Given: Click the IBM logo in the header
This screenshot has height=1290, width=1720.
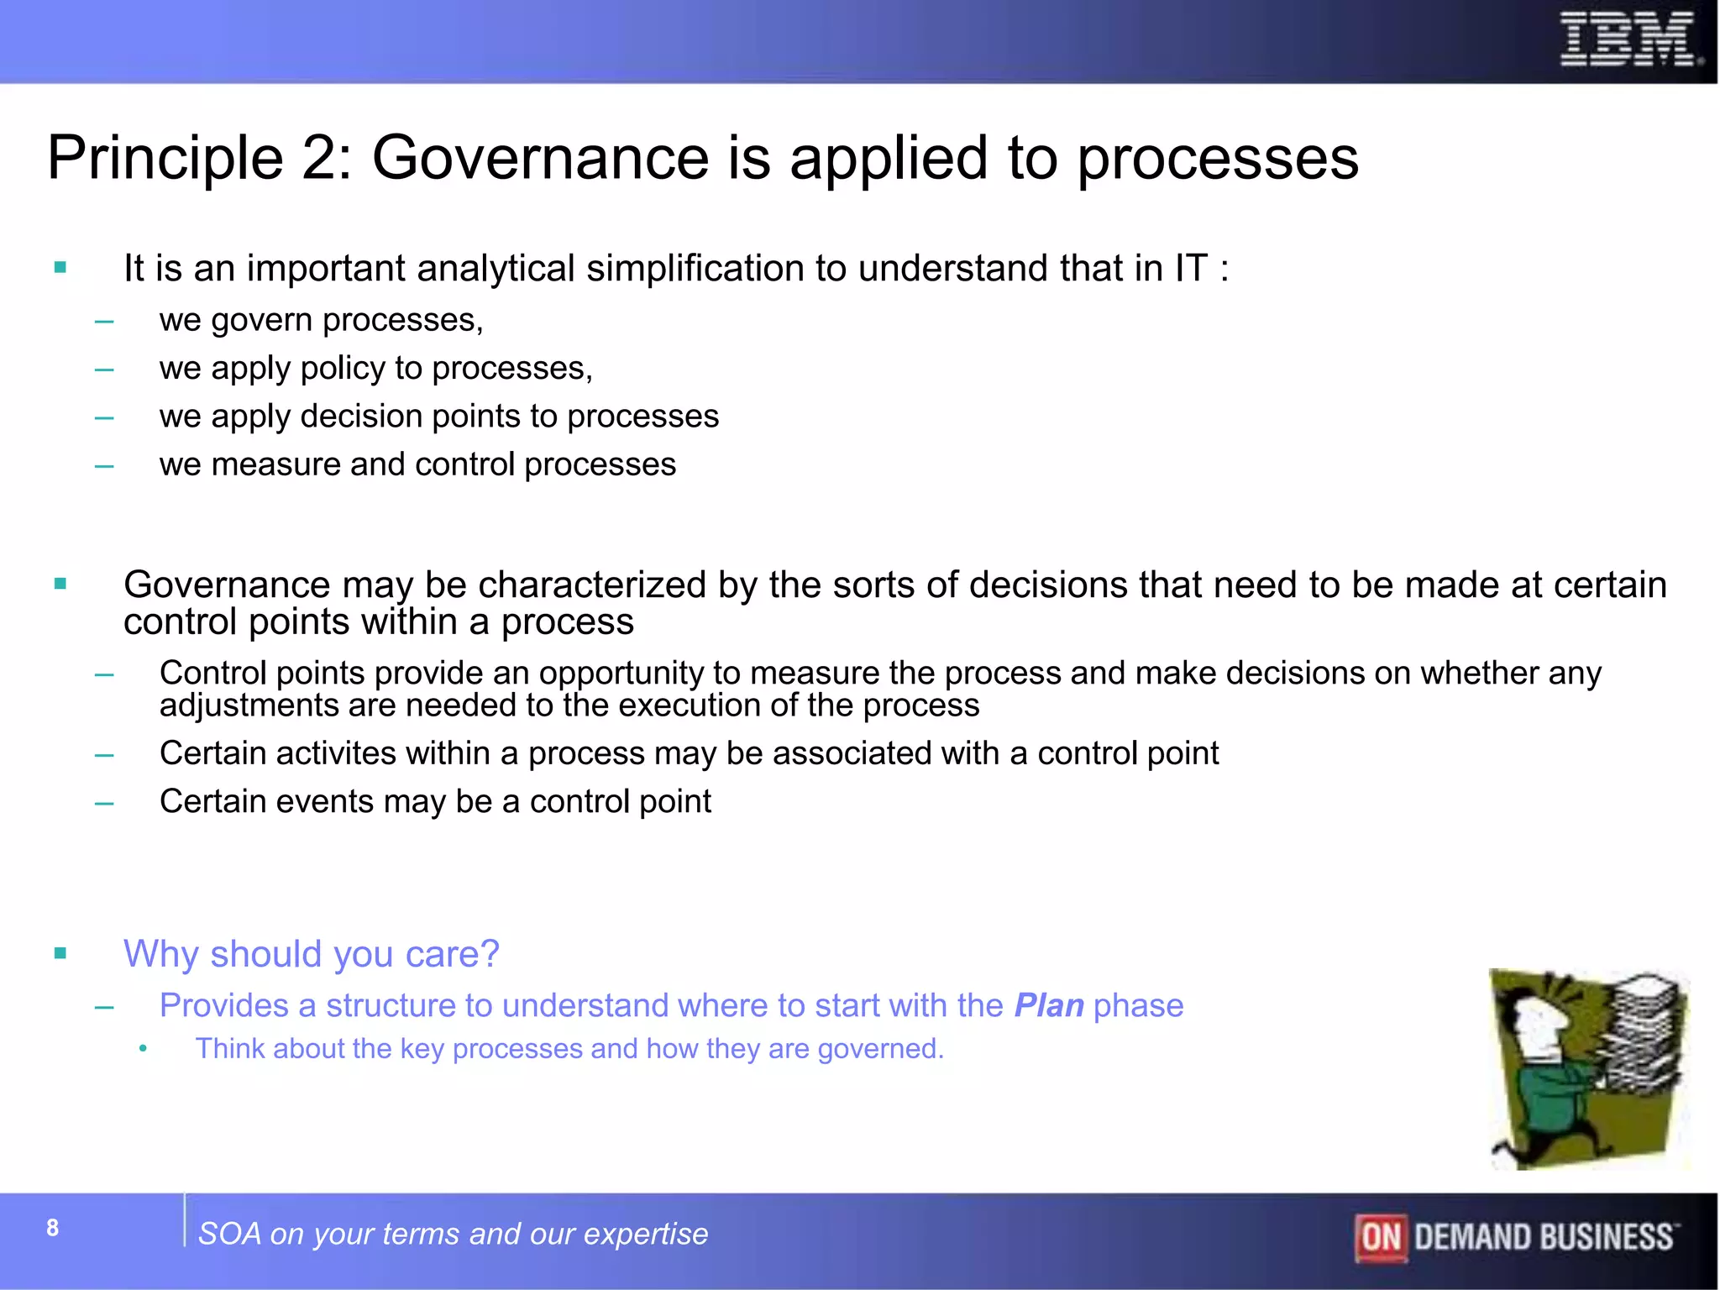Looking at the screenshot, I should (x=1629, y=39).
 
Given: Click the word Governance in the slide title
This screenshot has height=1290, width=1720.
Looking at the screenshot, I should (x=541, y=158).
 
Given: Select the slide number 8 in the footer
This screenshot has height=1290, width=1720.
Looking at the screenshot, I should (x=53, y=1228).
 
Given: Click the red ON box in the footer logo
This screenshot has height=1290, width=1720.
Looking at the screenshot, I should (x=1381, y=1237).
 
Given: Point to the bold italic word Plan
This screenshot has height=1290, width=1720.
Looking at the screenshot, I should (x=1049, y=1005).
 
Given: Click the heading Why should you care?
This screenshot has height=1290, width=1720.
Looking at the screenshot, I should (x=311, y=954).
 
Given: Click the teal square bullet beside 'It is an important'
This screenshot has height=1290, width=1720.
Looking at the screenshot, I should (x=60, y=268).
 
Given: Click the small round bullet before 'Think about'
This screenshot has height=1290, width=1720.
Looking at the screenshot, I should (x=143, y=1048).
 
